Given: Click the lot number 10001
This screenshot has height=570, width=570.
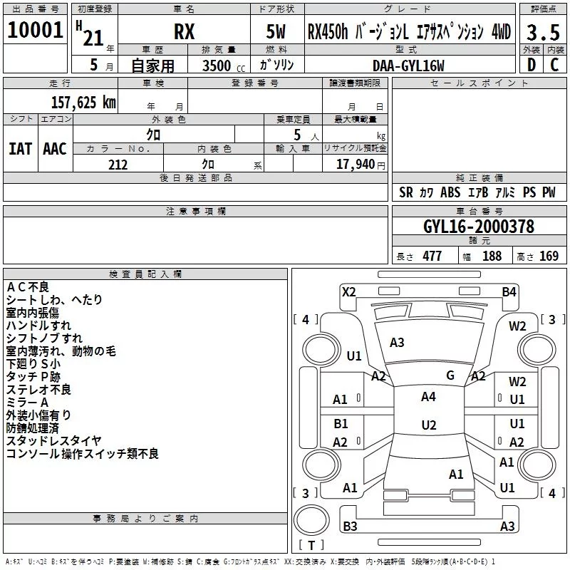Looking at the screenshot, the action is click(35, 30).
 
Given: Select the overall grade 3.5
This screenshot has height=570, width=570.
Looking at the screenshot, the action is click(543, 32).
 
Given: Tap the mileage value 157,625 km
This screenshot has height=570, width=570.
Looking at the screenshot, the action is click(83, 103).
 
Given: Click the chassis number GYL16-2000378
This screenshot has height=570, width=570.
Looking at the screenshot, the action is click(479, 227).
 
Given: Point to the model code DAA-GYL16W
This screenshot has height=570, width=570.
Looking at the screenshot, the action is click(408, 66).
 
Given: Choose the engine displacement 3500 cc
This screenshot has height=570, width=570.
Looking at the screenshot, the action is click(223, 66).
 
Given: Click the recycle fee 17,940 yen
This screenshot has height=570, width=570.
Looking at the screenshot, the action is click(361, 165).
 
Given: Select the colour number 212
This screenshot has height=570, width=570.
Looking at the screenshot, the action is click(118, 165).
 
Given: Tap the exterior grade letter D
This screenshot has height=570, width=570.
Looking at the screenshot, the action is click(532, 65).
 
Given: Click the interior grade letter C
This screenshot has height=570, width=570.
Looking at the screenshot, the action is click(554, 65).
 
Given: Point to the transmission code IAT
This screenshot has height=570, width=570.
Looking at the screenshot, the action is click(21, 149).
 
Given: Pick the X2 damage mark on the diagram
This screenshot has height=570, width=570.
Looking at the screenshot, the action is click(349, 292).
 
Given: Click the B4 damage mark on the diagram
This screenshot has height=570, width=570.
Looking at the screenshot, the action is click(509, 292).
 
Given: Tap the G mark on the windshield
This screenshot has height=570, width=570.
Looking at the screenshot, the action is click(450, 375).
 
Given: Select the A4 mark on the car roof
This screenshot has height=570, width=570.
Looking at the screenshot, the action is click(428, 397).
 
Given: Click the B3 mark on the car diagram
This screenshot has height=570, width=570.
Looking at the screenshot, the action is click(350, 526).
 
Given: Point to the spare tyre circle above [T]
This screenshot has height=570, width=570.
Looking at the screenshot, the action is click(311, 520).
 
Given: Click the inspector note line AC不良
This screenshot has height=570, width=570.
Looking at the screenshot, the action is click(28, 287).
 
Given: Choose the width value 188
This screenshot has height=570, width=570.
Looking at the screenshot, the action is click(492, 256).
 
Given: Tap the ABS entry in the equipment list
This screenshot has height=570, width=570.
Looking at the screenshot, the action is click(450, 192).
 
